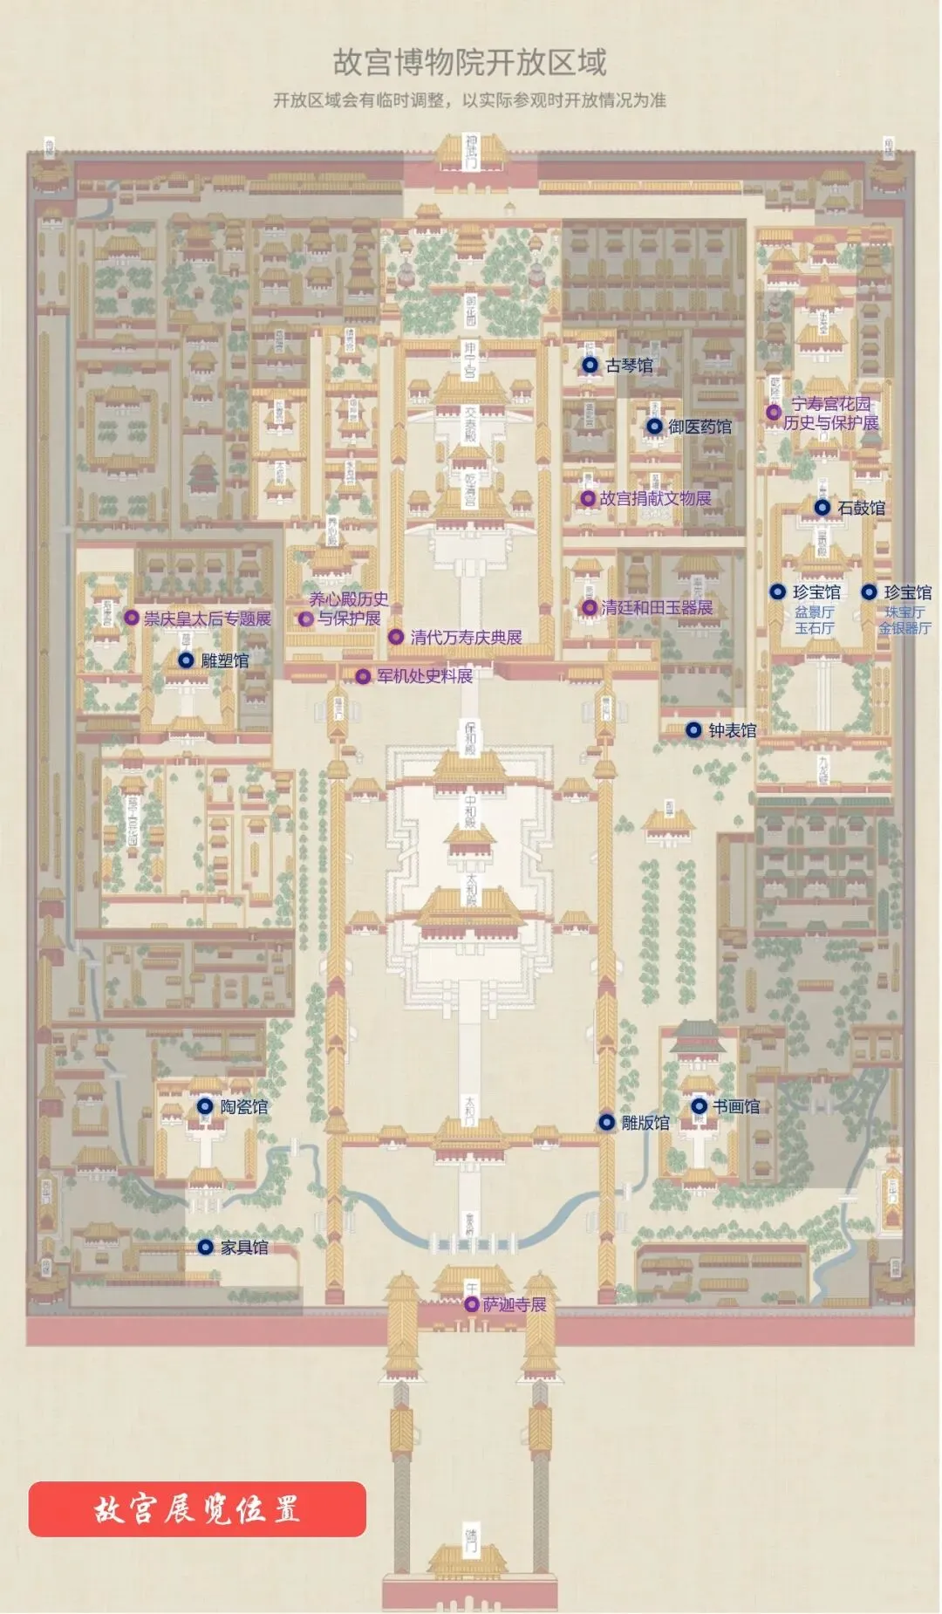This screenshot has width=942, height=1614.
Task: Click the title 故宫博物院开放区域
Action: [x=469, y=63]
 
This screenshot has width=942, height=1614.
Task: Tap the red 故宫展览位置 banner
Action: [x=197, y=1508]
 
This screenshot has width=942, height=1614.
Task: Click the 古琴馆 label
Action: [x=630, y=366]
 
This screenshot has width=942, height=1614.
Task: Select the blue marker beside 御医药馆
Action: [x=654, y=427]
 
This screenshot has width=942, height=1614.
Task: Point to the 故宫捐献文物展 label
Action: [x=656, y=498]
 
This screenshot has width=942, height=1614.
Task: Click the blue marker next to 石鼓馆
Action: [x=822, y=508]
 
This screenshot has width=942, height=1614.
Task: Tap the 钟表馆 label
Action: [x=733, y=730]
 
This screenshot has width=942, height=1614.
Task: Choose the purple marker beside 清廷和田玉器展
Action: [x=590, y=607]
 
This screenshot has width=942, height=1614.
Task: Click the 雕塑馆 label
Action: [x=225, y=660]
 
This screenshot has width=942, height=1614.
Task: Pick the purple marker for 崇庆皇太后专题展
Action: [x=132, y=618]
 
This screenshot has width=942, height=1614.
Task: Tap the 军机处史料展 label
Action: [x=425, y=676]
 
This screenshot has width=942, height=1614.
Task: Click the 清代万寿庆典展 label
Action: [x=467, y=637]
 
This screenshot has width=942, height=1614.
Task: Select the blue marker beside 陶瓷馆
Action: [x=205, y=1106]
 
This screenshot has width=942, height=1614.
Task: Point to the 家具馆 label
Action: [x=244, y=1248]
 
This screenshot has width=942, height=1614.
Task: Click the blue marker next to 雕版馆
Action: [x=606, y=1123]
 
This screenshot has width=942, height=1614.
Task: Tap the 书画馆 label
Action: [x=736, y=1106]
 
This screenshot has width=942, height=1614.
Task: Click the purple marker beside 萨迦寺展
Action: [x=472, y=1304]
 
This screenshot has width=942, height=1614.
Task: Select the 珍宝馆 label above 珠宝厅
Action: [x=908, y=592]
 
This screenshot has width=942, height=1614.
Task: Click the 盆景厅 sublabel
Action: [x=815, y=612]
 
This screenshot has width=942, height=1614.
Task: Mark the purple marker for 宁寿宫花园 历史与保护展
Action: [x=774, y=412]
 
